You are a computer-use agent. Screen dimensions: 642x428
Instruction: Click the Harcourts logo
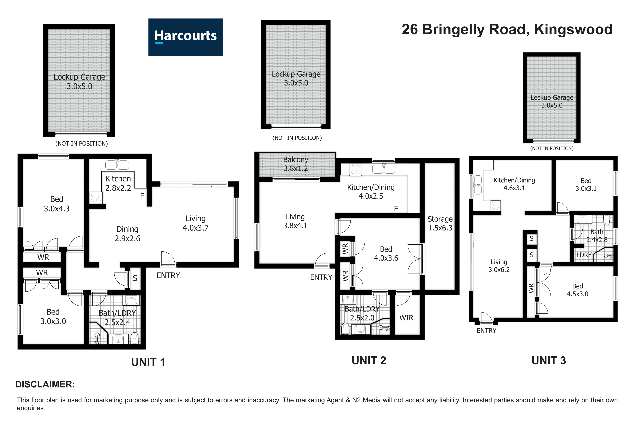pyautogui.click(x=185, y=37)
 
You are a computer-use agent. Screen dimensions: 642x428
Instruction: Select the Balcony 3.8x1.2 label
pyautogui.click(x=296, y=164)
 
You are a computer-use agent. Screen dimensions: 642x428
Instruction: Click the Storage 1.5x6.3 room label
pyautogui.click(x=440, y=223)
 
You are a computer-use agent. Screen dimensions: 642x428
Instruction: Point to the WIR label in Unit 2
pyautogui.click(x=406, y=318)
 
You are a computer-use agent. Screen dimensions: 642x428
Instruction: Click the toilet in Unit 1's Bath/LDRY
pyautogui.click(x=134, y=338)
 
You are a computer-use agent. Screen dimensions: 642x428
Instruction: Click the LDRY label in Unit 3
pyautogui.click(x=584, y=255)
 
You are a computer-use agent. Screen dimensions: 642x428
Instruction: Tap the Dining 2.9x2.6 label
pyautogui.click(x=127, y=234)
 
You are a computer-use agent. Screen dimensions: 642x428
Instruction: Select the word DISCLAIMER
pyautogui.click(x=45, y=384)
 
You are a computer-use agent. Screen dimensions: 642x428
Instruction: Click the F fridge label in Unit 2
pyautogui.click(x=396, y=209)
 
